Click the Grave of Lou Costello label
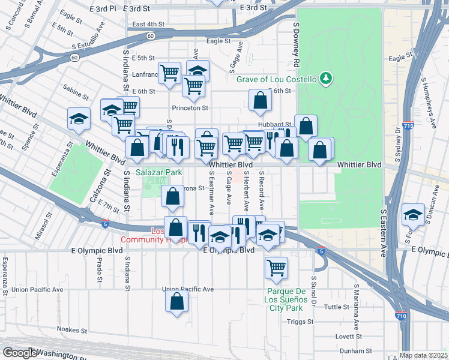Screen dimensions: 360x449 276,79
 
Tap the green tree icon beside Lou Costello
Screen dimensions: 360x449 326,78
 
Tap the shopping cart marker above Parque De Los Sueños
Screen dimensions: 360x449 277,268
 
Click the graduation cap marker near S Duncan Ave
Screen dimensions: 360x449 414,214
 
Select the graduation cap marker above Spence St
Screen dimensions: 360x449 79,119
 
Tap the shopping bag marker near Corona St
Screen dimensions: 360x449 172,196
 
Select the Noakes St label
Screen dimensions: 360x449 72,329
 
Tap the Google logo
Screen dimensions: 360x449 20,353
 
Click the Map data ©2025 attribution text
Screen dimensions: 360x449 423,355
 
